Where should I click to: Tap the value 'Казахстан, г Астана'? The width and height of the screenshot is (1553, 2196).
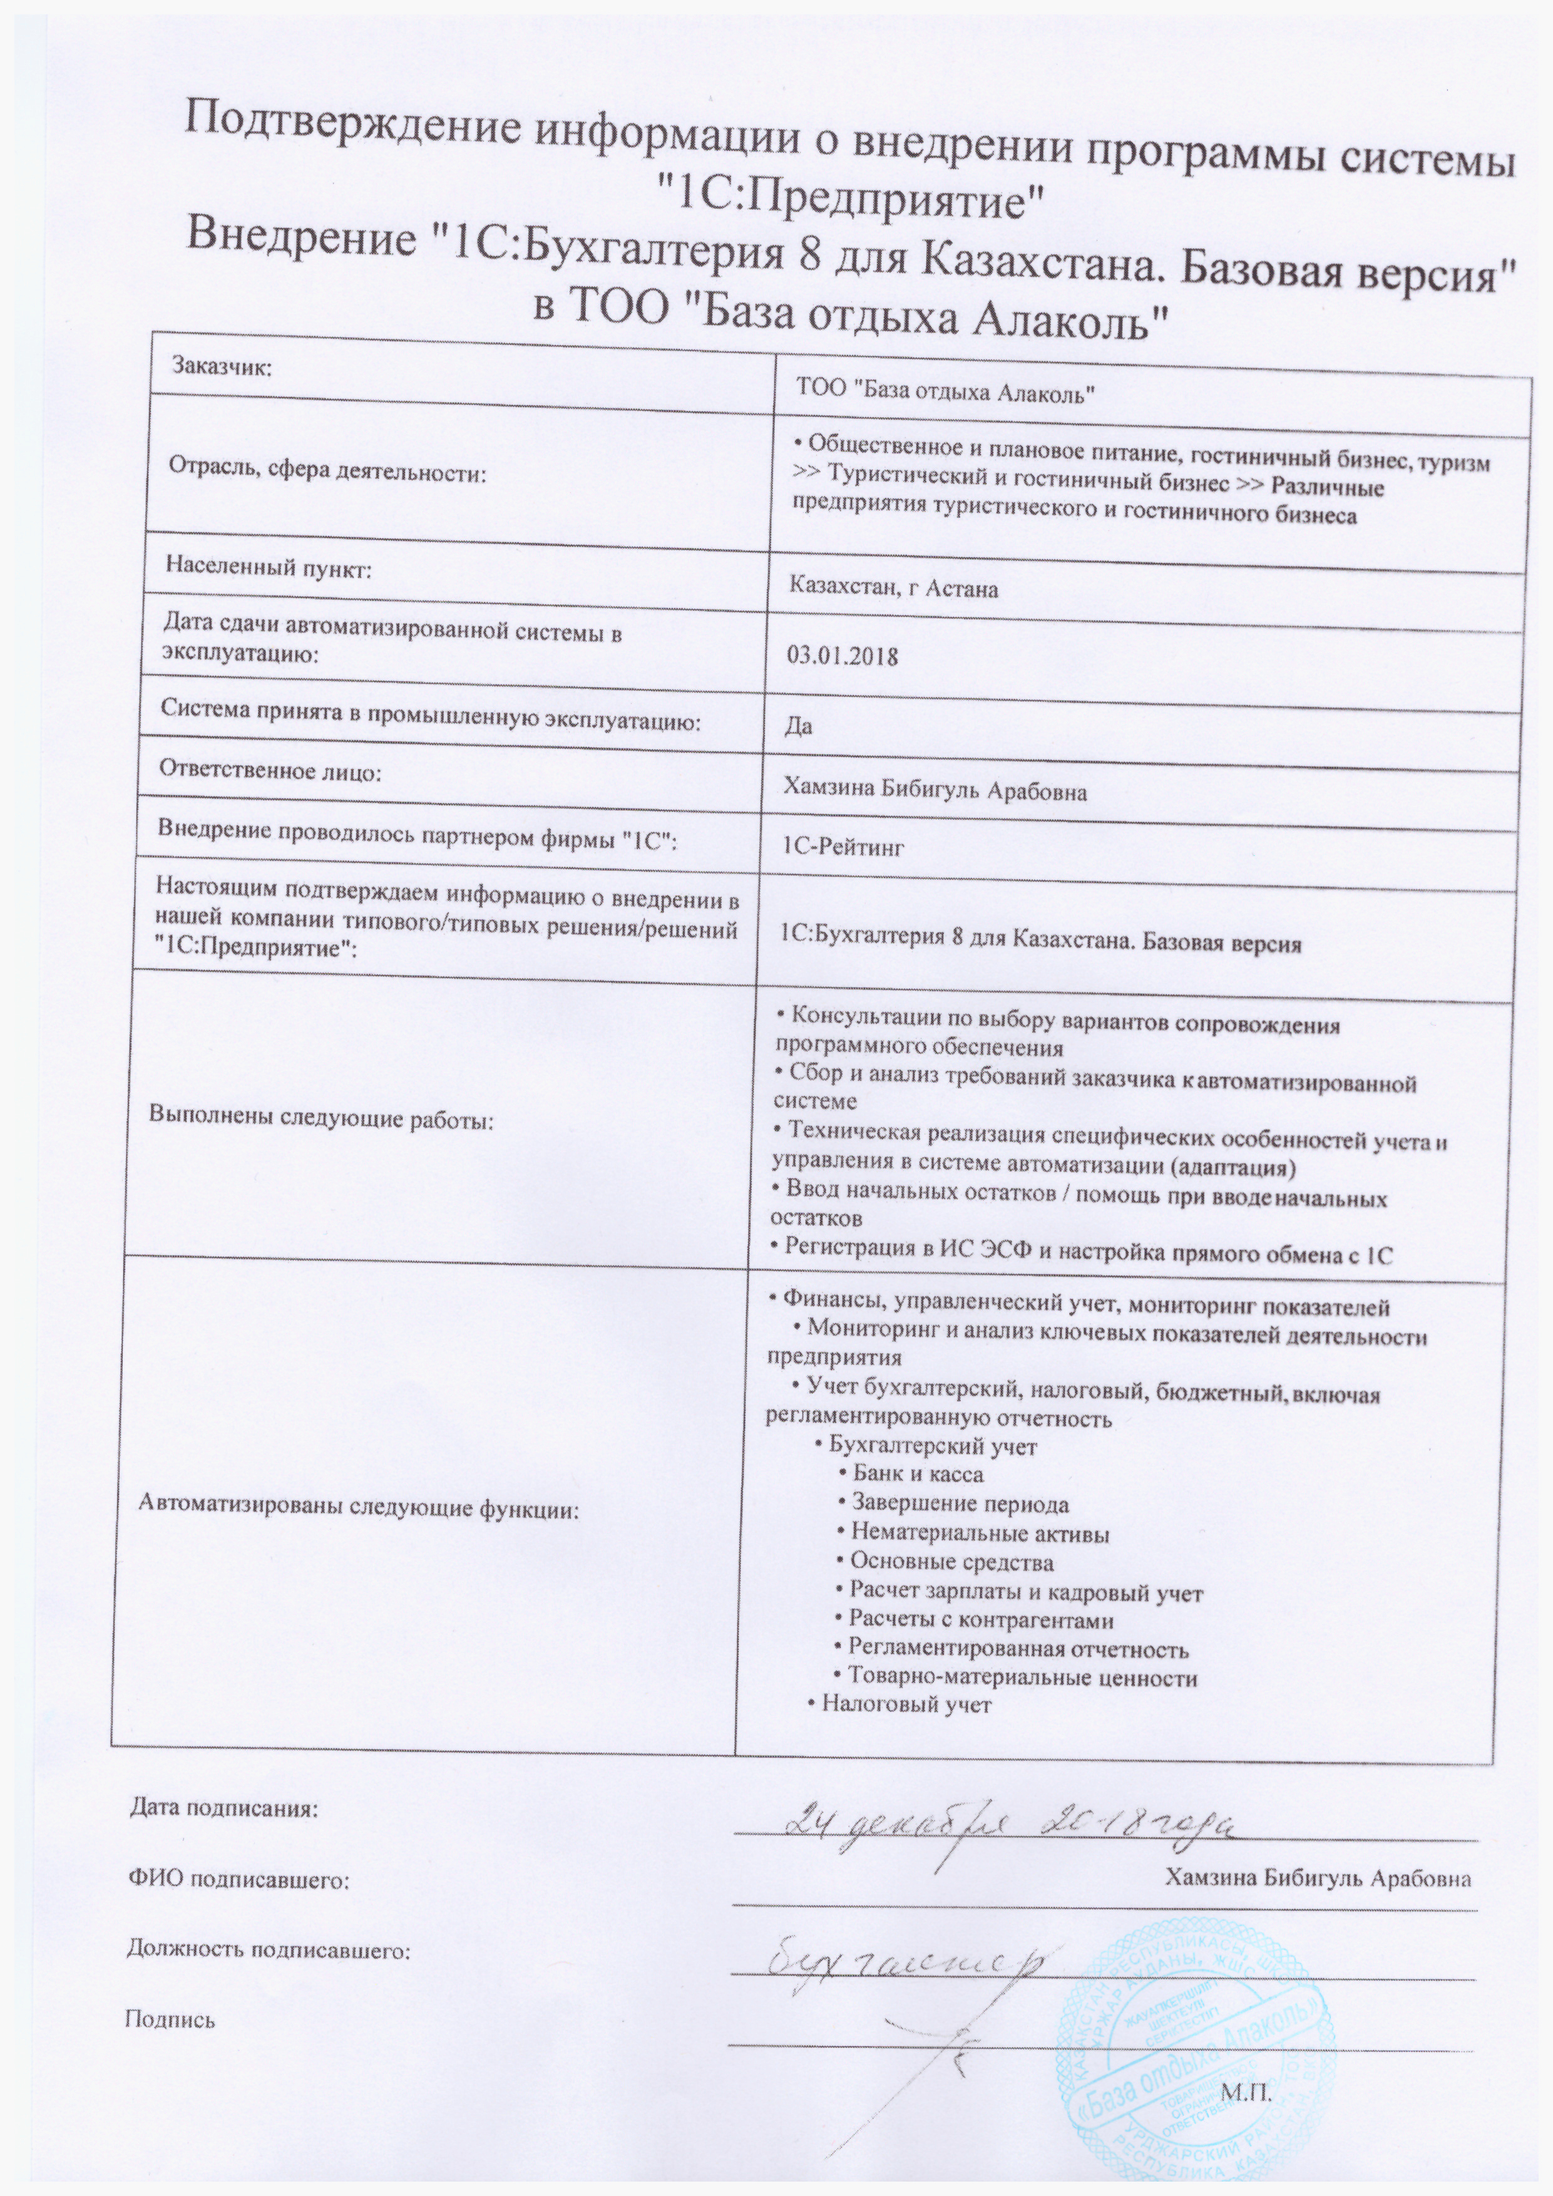894,588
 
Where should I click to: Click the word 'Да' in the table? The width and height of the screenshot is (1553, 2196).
799,726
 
